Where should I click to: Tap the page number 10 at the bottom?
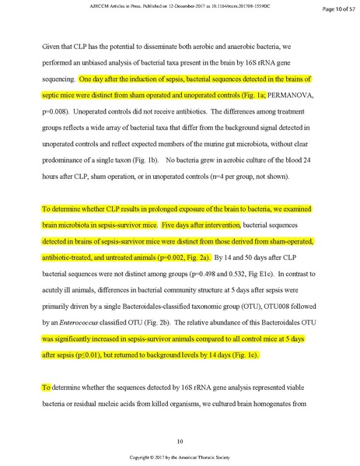[180, 440]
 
